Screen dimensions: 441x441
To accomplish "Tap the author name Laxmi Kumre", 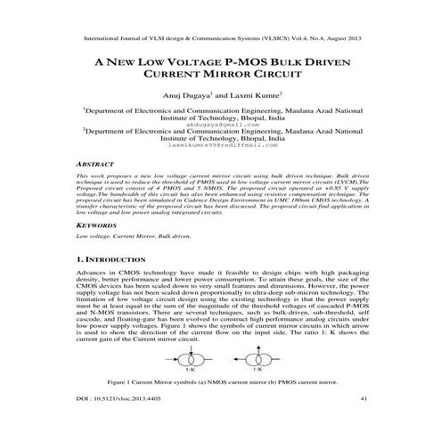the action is coord(255,94).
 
